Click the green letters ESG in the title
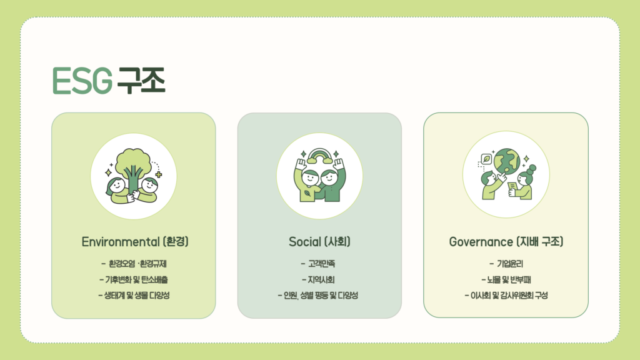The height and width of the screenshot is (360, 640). click(x=82, y=81)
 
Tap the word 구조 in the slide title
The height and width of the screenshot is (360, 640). click(x=141, y=81)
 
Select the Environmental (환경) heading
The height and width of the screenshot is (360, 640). click(x=135, y=242)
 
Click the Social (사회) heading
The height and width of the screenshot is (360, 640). click(x=319, y=242)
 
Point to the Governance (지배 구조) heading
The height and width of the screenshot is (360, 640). click(x=506, y=242)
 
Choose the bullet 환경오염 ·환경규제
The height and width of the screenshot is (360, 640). click(x=134, y=264)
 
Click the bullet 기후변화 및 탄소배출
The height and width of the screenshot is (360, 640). click(x=134, y=279)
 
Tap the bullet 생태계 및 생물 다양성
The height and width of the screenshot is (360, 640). click(x=134, y=295)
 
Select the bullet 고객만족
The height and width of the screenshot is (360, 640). click(x=318, y=264)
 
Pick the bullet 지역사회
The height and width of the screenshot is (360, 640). click(x=318, y=279)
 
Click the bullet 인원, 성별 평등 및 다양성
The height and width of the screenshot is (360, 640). click(x=318, y=295)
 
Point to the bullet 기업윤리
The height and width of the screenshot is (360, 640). click(x=506, y=264)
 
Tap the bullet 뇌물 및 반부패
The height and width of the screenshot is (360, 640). click(x=506, y=279)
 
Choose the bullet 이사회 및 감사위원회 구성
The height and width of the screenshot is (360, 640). click(x=506, y=295)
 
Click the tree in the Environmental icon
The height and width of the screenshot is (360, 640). click(x=132, y=168)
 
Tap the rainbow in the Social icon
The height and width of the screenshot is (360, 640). click(x=319, y=156)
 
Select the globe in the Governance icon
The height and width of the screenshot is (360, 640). click(x=506, y=161)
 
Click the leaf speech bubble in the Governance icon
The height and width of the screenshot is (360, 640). click(x=486, y=159)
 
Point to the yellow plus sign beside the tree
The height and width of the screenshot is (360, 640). click(x=159, y=175)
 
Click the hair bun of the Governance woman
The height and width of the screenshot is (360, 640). click(x=531, y=169)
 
